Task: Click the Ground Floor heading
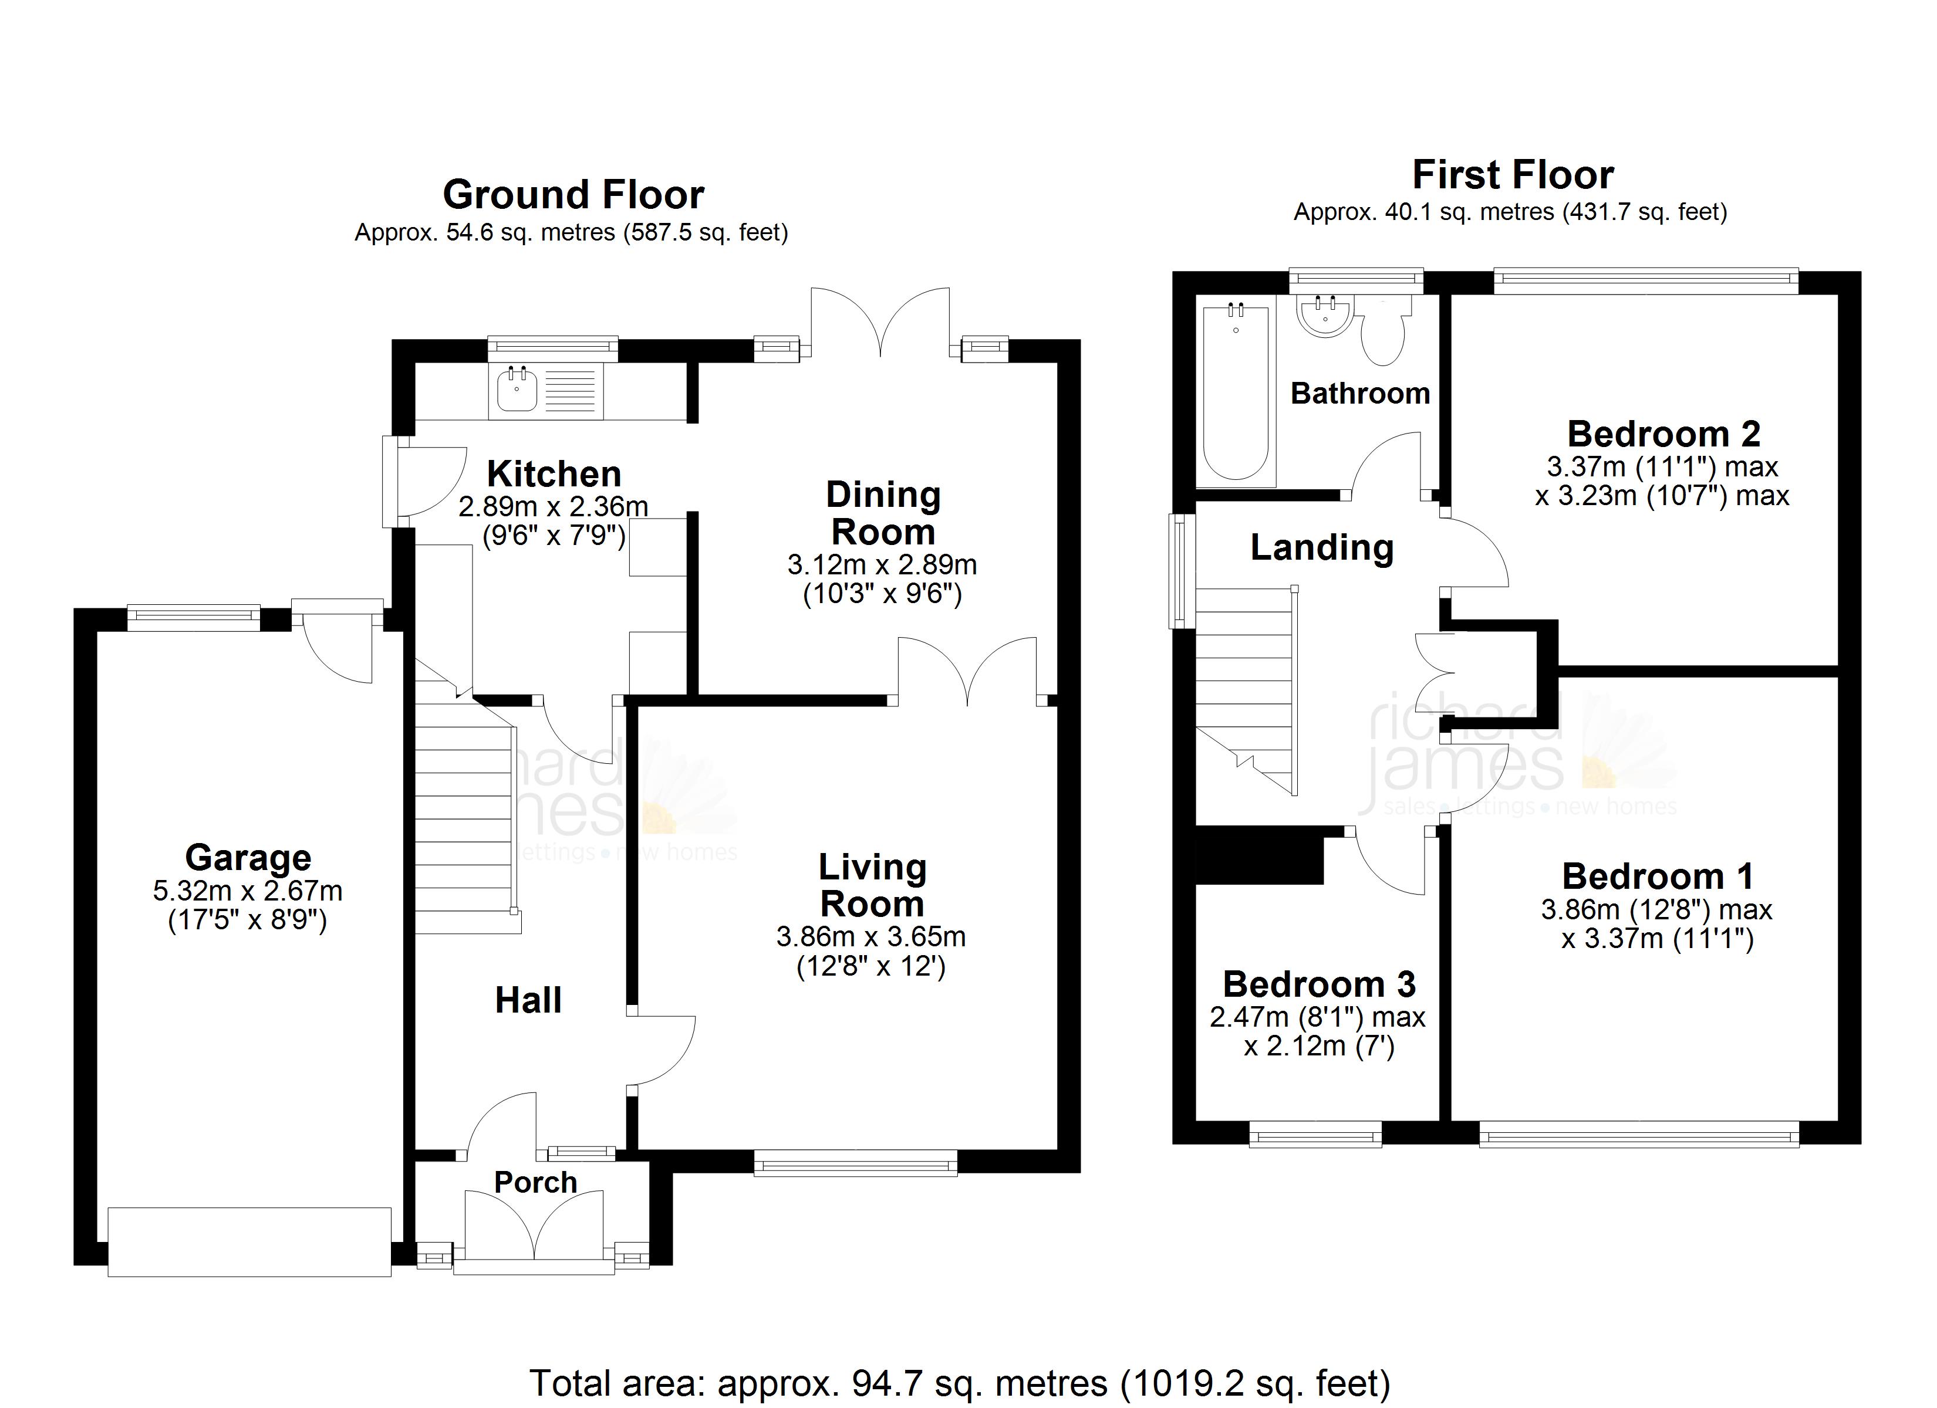(573, 195)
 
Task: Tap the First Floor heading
(1513, 175)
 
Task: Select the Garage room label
(248, 857)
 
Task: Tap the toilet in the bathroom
(1382, 333)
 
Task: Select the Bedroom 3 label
(1320, 984)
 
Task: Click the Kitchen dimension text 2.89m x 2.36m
(554, 506)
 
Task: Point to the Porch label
(535, 1183)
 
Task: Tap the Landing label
(1322, 548)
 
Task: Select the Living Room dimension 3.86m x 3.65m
(870, 937)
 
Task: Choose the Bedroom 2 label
(1663, 435)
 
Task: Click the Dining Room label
(883, 513)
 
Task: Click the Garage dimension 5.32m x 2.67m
(248, 891)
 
